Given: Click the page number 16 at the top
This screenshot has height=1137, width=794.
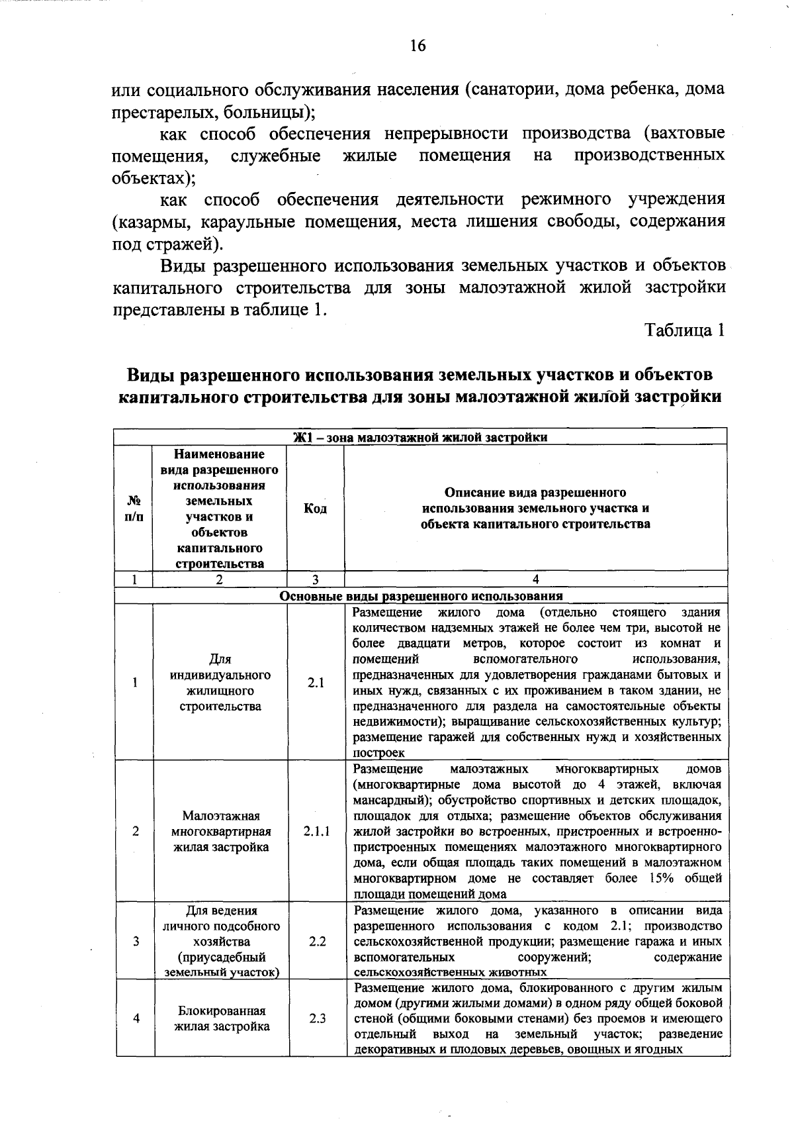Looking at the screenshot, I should tap(418, 46).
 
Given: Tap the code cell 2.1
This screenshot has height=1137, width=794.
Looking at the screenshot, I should tap(316, 683).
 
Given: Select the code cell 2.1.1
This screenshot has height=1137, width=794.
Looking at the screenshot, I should tap(317, 831).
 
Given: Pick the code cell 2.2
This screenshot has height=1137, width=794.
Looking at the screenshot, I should tap(317, 941).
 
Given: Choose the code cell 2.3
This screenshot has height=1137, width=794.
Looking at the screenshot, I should tap(317, 1018).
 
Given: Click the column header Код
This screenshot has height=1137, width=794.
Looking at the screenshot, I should tap(315, 509).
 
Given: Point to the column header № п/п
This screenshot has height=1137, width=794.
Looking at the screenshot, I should tap(134, 509).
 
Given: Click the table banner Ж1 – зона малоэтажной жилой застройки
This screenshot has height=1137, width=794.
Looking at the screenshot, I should tap(420, 437).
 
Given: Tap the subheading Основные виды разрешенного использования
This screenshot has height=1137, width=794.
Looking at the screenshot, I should tap(420, 595).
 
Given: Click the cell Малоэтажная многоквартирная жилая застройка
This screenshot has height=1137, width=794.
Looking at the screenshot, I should tap(221, 831).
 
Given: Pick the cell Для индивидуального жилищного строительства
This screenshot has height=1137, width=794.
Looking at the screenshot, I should tap(220, 683).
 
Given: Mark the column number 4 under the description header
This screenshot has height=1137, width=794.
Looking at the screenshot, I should tap(535, 579).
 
